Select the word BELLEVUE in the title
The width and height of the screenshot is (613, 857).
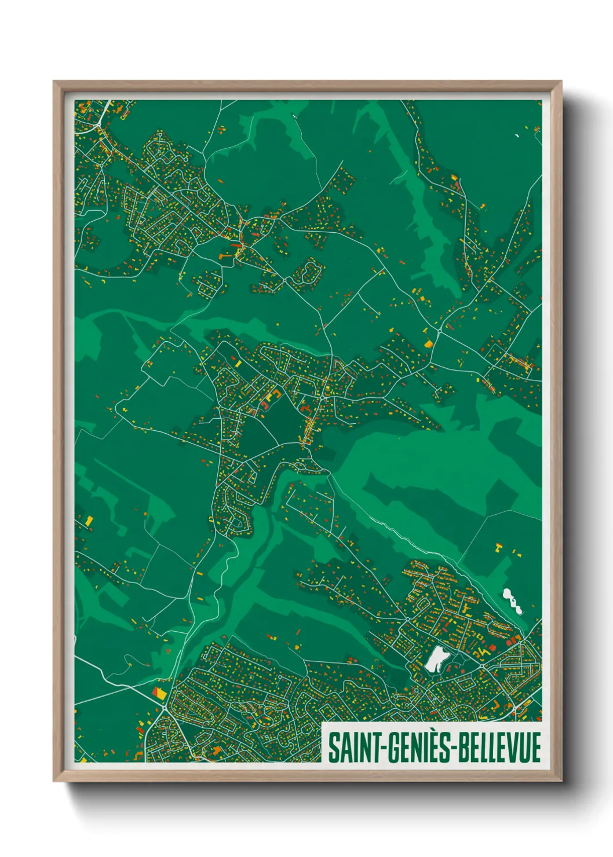500,747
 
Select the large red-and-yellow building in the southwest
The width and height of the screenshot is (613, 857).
159,692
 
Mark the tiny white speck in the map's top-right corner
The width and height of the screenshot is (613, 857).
516,136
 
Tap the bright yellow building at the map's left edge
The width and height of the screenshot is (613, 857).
89,520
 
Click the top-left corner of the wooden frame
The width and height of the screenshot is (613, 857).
54,82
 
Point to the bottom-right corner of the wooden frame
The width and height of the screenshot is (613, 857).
561,781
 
